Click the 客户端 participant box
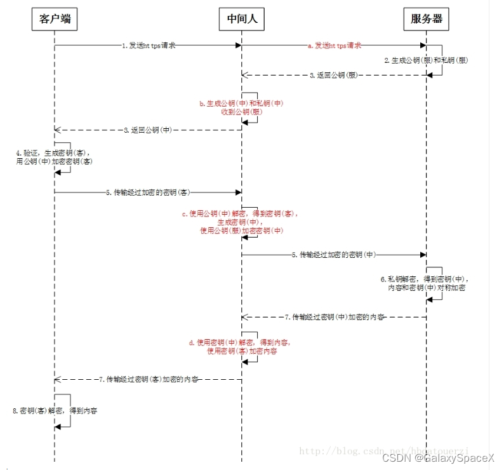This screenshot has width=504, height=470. point(55,20)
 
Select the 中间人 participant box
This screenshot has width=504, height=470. point(242,20)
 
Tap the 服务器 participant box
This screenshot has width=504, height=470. point(426,20)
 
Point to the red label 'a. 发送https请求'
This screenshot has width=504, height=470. point(334,46)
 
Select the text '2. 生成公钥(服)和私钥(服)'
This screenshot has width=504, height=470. point(427,60)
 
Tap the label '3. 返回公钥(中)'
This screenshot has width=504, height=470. point(147,130)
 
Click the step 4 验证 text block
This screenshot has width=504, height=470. point(53,157)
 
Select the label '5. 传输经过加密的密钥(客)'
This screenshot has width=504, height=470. point(149,192)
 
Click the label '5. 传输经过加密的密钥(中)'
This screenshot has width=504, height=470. point(335,255)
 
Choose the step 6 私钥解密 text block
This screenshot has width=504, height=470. point(427,283)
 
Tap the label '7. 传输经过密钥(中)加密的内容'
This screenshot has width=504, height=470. point(335,316)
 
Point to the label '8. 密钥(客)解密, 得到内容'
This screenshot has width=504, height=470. point(55,411)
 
